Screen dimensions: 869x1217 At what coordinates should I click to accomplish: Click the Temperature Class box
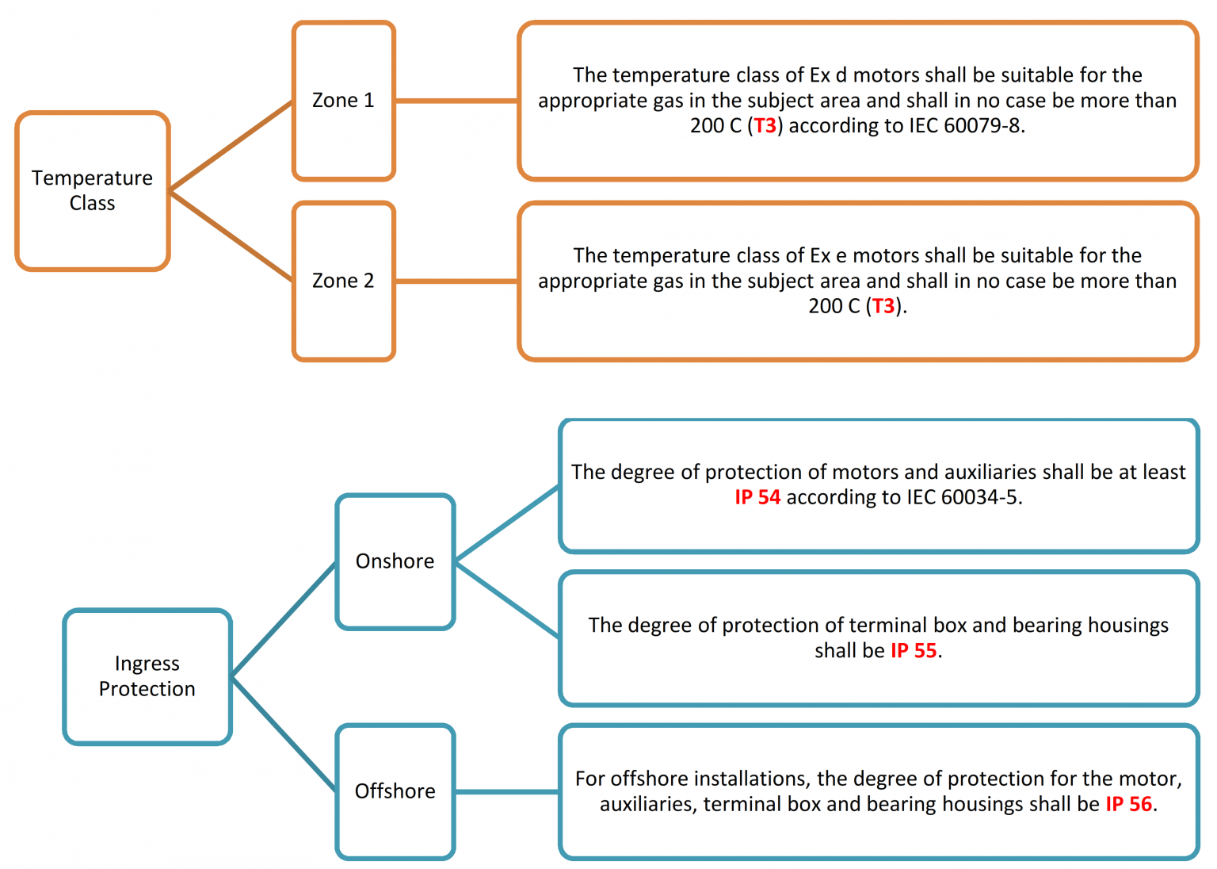point(92,190)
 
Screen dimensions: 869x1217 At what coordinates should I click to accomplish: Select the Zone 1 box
point(343,101)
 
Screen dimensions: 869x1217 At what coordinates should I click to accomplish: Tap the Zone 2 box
point(343,281)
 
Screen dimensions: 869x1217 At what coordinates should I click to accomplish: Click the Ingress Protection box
point(147,676)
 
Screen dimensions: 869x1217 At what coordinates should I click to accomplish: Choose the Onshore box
point(395,561)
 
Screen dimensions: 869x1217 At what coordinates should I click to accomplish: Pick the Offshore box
point(395,791)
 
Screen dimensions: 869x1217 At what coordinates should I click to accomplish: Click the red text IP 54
point(757,497)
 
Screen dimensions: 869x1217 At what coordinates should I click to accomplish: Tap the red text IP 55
point(914,651)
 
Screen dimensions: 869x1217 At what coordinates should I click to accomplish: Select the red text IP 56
point(1128,804)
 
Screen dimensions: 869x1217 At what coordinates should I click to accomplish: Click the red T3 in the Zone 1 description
point(765,126)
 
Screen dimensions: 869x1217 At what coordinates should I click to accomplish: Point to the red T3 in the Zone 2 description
point(883,306)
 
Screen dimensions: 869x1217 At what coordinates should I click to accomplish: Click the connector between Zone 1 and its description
point(456,101)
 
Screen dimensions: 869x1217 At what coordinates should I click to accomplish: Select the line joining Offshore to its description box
point(507,791)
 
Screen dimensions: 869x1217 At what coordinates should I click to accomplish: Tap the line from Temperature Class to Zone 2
point(231,235)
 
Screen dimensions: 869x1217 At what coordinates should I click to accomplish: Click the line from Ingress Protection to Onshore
point(284,619)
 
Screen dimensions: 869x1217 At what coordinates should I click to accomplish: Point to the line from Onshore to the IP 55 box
point(507,599)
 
